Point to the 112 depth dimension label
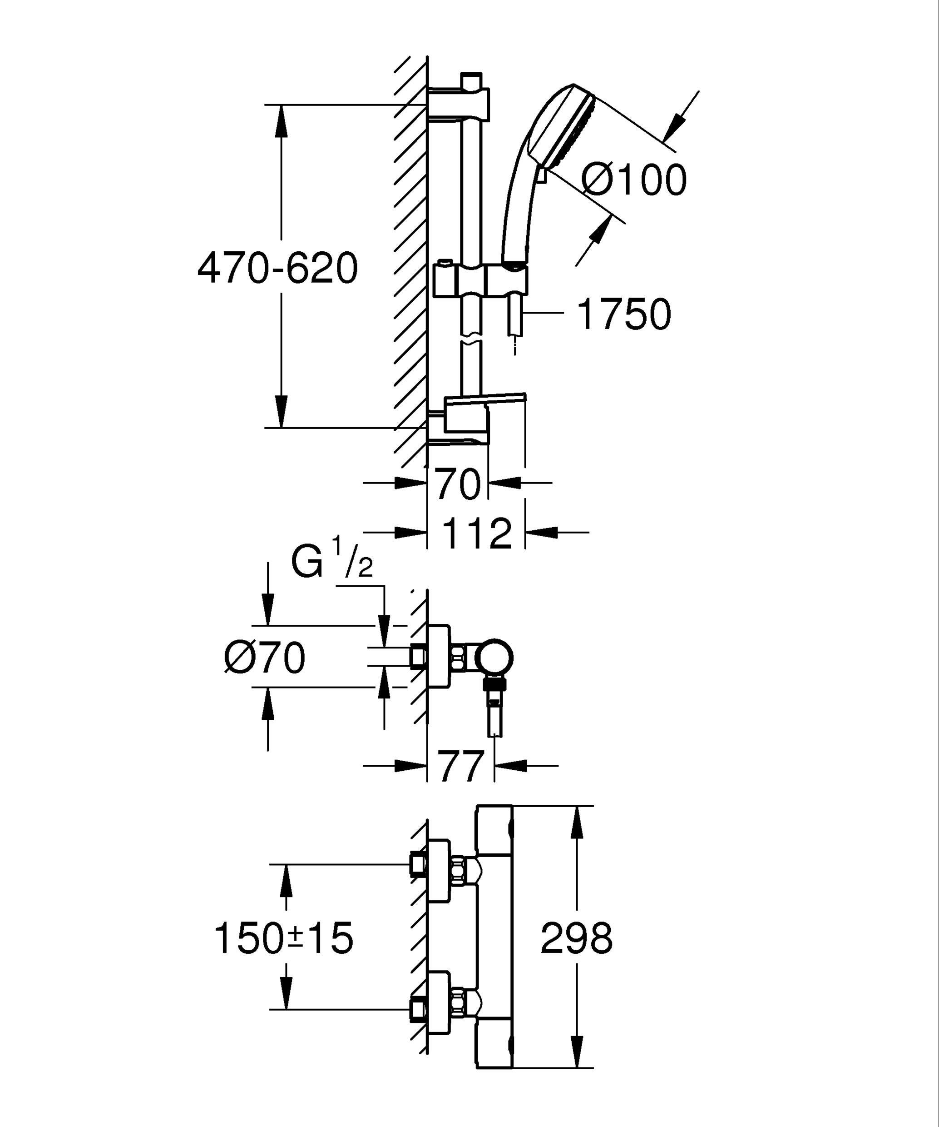[477, 534]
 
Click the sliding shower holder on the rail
[480, 279]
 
